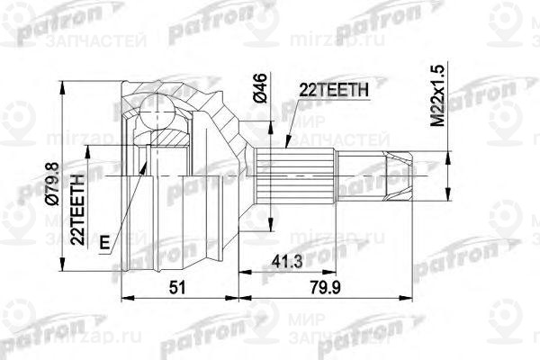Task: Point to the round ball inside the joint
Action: pos(158,113)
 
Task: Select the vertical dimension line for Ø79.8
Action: pos(60,135)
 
